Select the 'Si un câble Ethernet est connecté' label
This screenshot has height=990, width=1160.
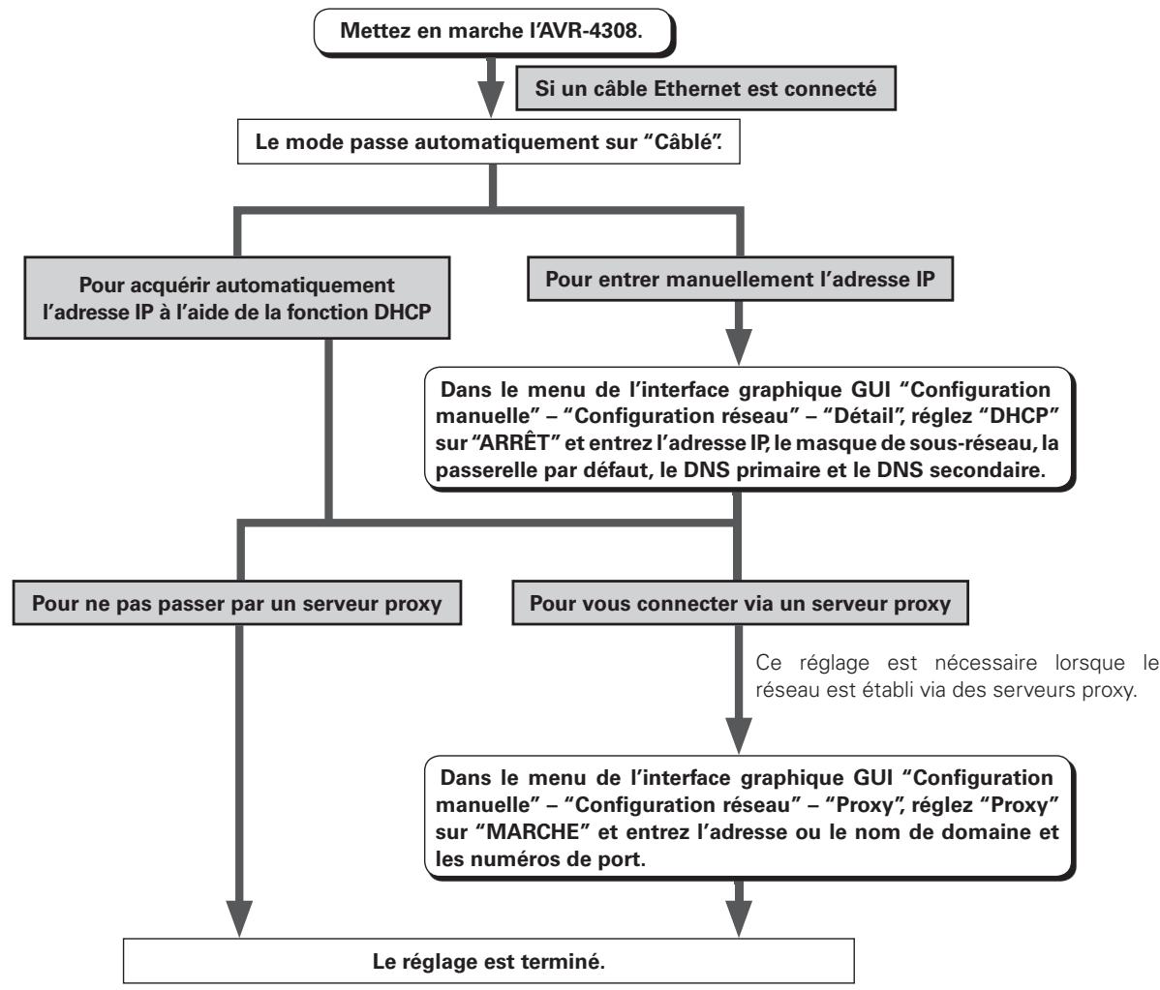click(x=705, y=89)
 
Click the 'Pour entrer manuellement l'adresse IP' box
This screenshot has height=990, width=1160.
click(x=740, y=279)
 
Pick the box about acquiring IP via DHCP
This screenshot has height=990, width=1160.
click(x=236, y=298)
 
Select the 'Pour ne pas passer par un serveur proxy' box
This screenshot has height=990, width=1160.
click(x=236, y=603)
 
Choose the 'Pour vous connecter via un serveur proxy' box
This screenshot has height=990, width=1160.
click(x=740, y=603)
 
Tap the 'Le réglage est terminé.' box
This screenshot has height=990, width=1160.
click(x=488, y=961)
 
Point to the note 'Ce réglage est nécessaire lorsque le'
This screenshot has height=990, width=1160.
click(x=957, y=663)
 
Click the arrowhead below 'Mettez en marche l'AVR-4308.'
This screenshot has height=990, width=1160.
click(x=491, y=99)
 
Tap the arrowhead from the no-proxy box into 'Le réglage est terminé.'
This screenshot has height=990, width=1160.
click(x=238, y=919)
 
